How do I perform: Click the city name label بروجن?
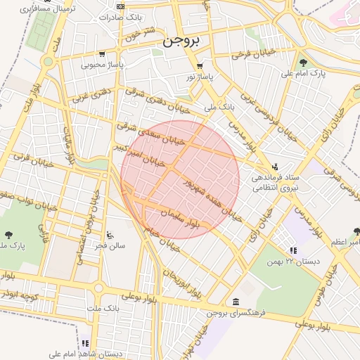pos(181,41)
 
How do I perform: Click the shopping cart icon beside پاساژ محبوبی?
pos(102,53)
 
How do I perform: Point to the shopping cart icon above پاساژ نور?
pos(200,66)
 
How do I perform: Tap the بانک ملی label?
pos(218,108)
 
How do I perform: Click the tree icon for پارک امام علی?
pos(303,62)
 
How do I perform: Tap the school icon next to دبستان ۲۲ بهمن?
pos(292,250)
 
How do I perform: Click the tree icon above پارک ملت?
pos(9,235)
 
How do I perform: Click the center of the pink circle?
pos(180,180)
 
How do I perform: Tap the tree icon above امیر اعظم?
pos(356,231)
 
